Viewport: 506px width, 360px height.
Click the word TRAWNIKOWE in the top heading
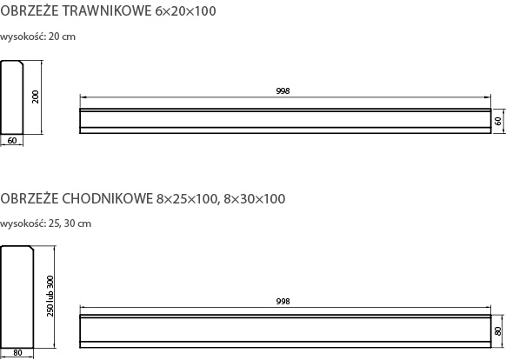[106, 11]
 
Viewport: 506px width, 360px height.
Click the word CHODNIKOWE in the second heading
[108, 198]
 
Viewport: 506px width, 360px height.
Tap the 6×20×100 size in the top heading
[185, 11]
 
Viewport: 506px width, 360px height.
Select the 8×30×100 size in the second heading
[255, 199]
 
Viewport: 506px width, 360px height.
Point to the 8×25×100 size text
[187, 199]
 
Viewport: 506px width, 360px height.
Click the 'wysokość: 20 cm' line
[37, 37]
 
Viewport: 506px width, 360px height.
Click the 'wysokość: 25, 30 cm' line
[45, 223]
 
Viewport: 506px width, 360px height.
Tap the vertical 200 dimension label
[35, 97]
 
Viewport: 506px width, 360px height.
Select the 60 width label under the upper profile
[12, 141]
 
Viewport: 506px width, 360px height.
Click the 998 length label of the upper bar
[283, 91]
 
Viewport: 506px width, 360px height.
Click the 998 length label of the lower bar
[283, 301]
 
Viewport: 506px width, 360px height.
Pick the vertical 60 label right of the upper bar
[498, 121]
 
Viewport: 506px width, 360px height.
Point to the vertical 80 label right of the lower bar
[497, 331]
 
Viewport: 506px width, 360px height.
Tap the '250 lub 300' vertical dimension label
[50, 296]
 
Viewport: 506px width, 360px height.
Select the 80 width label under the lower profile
[17, 353]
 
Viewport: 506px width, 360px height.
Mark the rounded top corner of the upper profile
[22, 63]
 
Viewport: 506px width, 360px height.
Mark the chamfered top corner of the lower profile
[32, 247]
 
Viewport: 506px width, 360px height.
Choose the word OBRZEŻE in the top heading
[30, 10]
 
